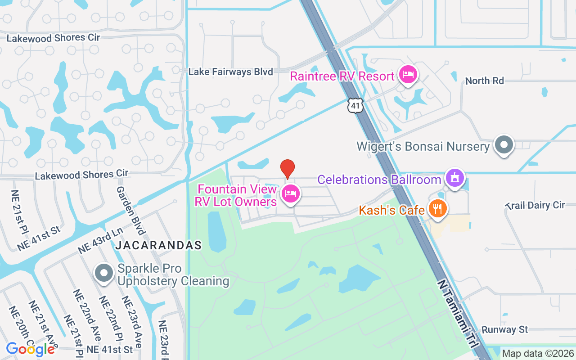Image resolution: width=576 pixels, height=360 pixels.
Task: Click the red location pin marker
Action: point(288,169)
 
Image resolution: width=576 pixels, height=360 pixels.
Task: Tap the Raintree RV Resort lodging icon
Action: point(408,74)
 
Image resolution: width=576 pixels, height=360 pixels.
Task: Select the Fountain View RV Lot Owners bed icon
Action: point(291,194)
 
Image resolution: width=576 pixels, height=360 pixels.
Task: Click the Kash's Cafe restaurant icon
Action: point(436,208)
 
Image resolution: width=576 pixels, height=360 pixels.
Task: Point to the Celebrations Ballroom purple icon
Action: point(455,178)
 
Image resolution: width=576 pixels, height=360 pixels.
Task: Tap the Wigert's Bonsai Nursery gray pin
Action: point(504,145)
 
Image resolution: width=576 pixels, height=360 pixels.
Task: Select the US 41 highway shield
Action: point(355,106)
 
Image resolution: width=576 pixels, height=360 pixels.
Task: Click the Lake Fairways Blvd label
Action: point(230,72)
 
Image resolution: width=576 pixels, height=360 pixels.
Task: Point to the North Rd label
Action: point(484,81)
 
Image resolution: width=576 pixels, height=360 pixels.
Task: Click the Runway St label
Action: point(504,330)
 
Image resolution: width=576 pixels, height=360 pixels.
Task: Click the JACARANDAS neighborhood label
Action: point(158,245)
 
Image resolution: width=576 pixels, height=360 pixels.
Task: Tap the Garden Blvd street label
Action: point(130,211)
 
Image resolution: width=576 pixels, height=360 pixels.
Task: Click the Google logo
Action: point(31,349)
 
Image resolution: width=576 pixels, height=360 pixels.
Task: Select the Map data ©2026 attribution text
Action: point(538,354)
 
